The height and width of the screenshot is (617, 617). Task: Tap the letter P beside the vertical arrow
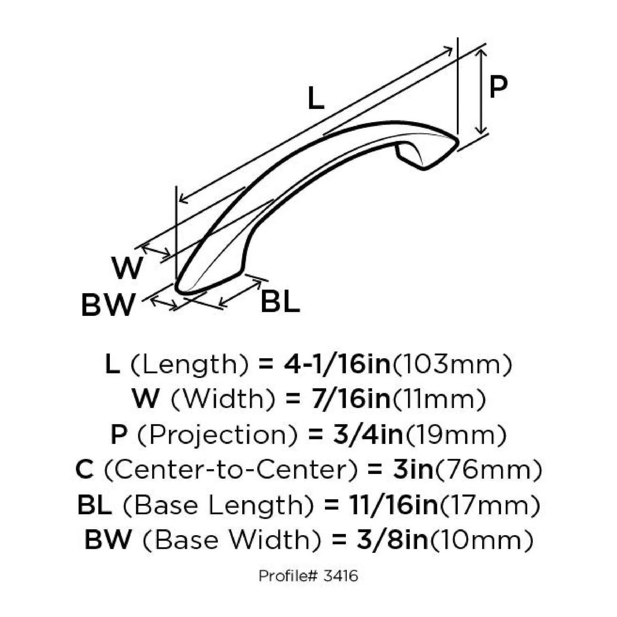[498, 87]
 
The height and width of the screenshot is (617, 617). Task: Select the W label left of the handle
[127, 268]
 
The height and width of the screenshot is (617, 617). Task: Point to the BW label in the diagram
[108, 305]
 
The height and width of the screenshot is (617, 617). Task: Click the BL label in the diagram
[280, 302]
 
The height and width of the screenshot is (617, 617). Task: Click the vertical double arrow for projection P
[482, 91]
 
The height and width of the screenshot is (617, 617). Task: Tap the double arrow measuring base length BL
[241, 293]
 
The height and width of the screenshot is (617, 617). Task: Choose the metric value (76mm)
[488, 470]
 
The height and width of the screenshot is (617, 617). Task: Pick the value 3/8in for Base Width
[392, 540]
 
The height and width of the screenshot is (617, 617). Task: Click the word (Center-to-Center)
[230, 470]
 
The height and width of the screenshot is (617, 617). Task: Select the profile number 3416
[341, 576]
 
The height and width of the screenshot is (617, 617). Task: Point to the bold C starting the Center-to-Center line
[85, 470]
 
